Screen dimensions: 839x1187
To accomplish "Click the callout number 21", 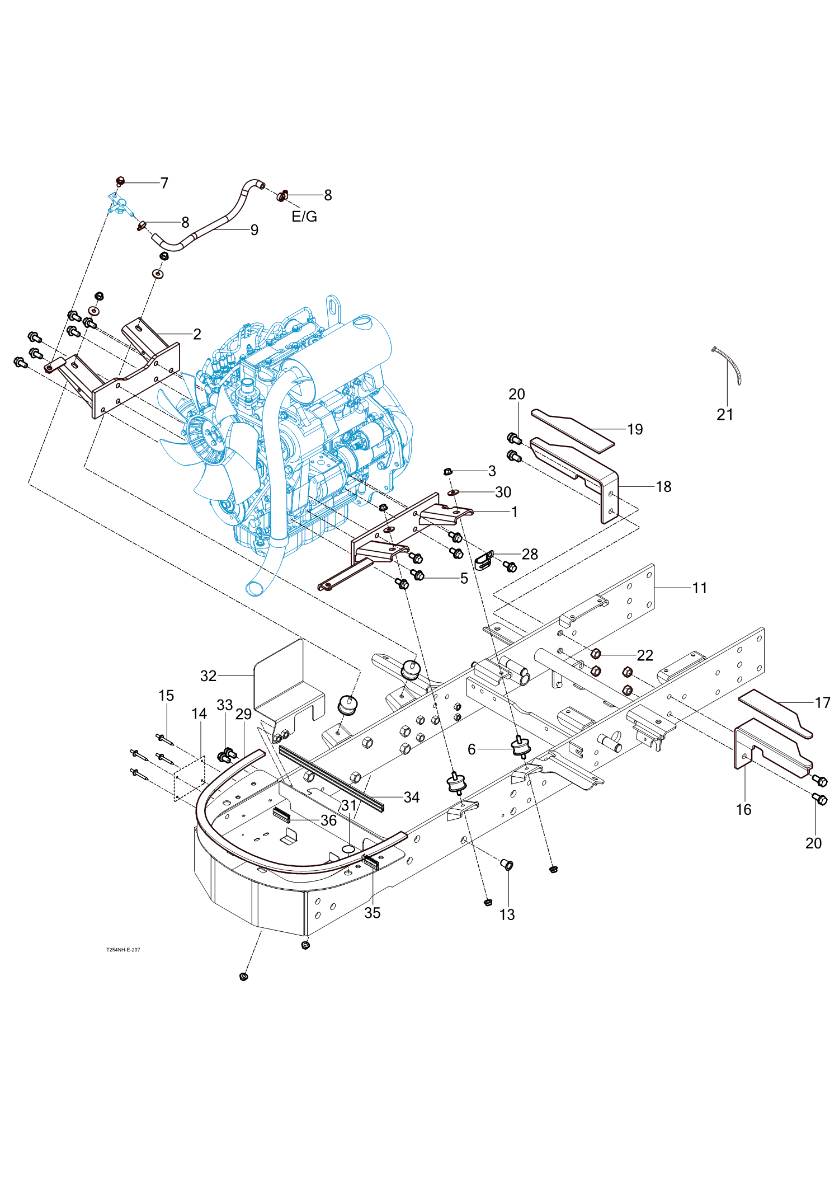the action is coord(725,415).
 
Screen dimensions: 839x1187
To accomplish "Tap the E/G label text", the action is coord(304,217).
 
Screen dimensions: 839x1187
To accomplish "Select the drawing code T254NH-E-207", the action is coord(123,950).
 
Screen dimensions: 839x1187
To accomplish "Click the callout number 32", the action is coord(208,676).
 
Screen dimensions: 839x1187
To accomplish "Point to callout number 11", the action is coord(700,588).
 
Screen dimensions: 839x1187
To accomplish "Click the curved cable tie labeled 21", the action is coord(729,365).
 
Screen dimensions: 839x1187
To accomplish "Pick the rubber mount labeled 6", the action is coord(520,747).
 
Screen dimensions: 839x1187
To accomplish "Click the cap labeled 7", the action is coord(119,181).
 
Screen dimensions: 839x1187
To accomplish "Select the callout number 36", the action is coord(328,820).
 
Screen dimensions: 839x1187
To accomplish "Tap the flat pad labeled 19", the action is coord(572,429).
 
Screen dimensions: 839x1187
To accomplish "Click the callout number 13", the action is coord(507,914).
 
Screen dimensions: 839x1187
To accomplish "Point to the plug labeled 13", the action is coord(507,865).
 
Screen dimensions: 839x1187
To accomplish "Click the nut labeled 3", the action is coord(447,471).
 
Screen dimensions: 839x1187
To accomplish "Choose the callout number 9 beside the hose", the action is coord(254,230).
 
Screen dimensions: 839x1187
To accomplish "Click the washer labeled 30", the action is coord(454,492).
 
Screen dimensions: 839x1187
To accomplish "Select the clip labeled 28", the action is coord(484,559).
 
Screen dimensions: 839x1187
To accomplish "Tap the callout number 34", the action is coord(412,797).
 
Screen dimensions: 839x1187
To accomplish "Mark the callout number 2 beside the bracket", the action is coord(197,334).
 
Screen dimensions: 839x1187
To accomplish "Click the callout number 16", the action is coord(743,809).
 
